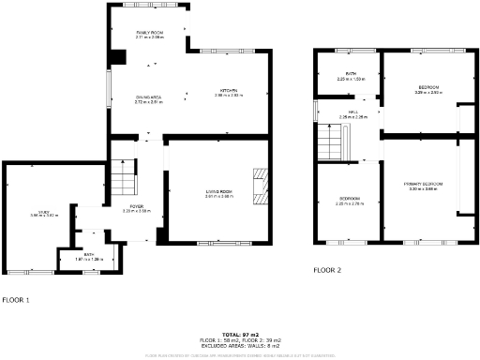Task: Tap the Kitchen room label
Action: point(228,92)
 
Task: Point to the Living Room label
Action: point(218,194)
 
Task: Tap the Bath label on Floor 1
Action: point(88,256)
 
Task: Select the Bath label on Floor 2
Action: point(350,76)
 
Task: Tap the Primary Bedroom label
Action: point(422,187)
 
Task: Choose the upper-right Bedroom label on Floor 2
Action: point(428,90)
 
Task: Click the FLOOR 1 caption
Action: point(16,300)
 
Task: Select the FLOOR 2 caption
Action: point(328,271)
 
